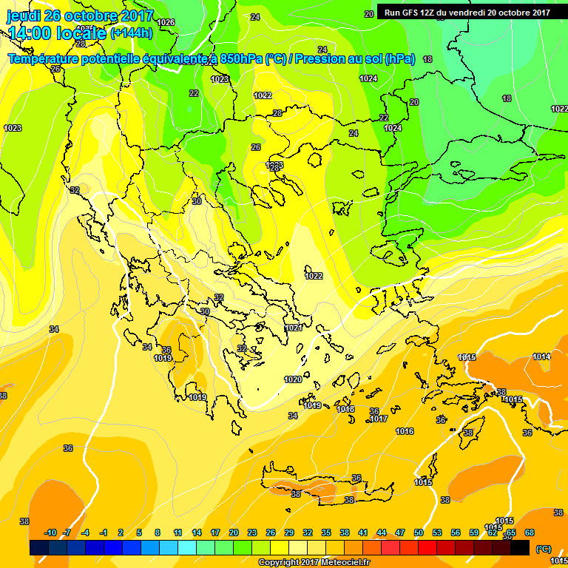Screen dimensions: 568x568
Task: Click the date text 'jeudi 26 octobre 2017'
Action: [x=80, y=16]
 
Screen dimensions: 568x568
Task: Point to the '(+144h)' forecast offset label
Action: [x=131, y=33]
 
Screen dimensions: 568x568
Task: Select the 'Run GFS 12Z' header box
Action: [x=467, y=12]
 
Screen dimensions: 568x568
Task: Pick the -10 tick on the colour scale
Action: [x=50, y=532]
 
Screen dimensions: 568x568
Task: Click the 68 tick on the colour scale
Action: [x=529, y=532]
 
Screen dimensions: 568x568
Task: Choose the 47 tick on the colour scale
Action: [x=400, y=532]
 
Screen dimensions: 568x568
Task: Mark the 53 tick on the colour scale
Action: [x=437, y=532]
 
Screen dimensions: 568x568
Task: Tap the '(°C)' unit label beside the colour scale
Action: [x=543, y=548]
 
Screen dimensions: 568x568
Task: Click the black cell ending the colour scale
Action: [x=520, y=547]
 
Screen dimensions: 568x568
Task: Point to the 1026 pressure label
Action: [x=166, y=22]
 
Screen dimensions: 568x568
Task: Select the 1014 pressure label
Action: [x=541, y=356]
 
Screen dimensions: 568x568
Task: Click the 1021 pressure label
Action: [x=294, y=328]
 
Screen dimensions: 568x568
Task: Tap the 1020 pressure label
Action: [x=293, y=379]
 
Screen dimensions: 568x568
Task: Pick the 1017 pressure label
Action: [x=379, y=419]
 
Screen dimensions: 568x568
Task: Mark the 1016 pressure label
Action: [x=405, y=431]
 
